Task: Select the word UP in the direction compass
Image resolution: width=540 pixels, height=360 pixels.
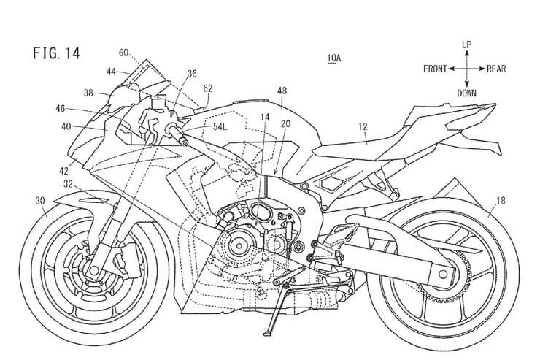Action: pyautogui.click(x=466, y=45)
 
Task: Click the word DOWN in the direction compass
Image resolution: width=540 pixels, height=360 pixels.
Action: pyautogui.click(x=466, y=93)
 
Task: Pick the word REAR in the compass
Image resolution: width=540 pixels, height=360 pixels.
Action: pyautogui.click(x=498, y=69)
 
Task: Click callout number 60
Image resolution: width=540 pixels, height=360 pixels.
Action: pyautogui.click(x=123, y=52)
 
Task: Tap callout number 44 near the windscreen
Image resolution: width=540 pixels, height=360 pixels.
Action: pyautogui.click(x=111, y=72)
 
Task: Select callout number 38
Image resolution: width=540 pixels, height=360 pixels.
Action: pyautogui.click(x=88, y=93)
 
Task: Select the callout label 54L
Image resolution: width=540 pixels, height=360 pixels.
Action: pyautogui.click(x=220, y=127)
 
